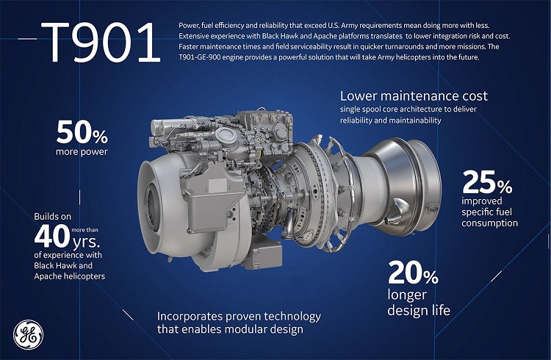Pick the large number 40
53,236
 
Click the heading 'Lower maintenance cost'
414,96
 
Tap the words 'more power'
82,152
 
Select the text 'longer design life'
418,303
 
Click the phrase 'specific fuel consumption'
489,215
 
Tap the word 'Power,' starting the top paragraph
191,26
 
